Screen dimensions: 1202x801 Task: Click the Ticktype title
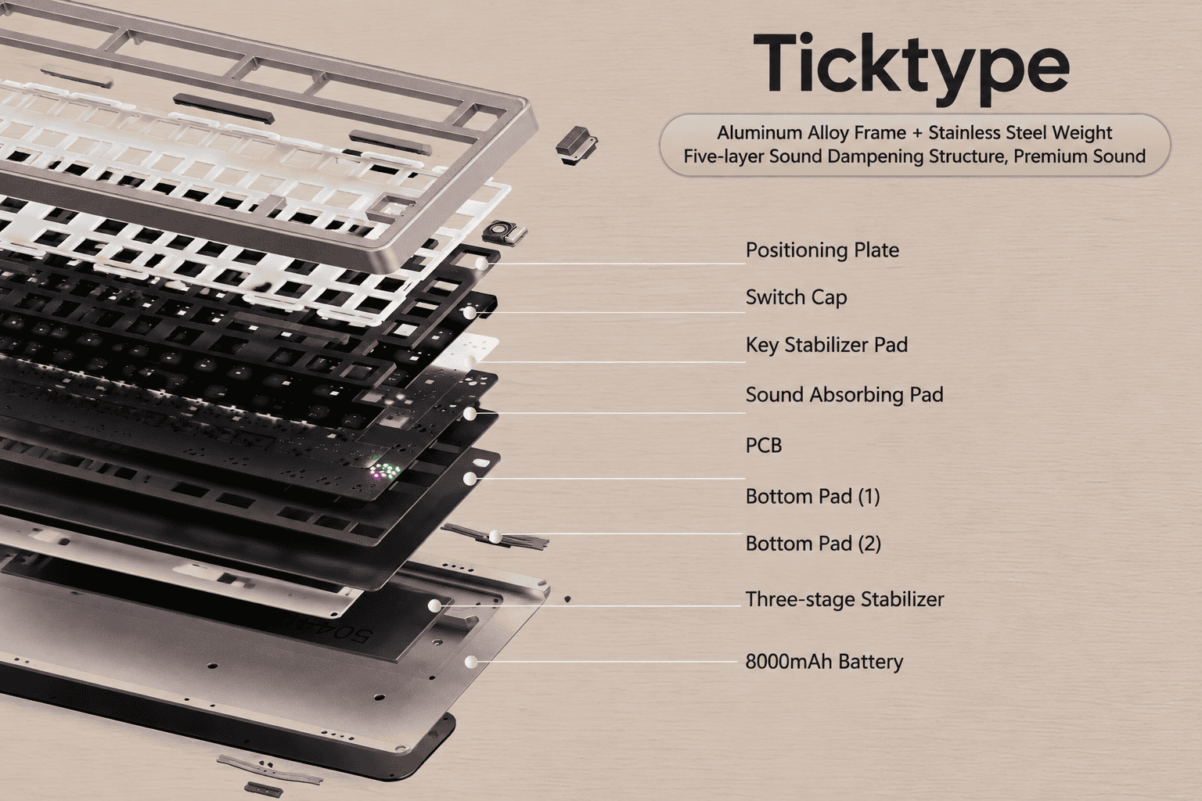point(911,69)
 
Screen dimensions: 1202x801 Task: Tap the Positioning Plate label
point(822,250)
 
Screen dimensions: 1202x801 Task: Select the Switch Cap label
point(797,297)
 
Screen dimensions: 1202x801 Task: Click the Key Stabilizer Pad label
point(826,344)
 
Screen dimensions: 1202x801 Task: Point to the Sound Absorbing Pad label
point(844,394)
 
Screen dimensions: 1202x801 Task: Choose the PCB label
point(764,445)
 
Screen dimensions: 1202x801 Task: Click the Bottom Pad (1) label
point(813,496)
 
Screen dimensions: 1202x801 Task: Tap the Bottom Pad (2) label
point(814,544)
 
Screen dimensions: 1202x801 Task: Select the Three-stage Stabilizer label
point(844,599)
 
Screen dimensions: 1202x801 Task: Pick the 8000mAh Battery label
point(824,662)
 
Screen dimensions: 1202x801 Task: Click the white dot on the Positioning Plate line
point(482,264)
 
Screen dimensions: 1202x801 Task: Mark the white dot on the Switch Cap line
point(470,312)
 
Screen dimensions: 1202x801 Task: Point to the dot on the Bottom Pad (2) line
point(495,536)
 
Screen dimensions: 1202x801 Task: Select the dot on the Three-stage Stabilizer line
point(434,605)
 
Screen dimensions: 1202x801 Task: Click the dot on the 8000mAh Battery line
point(470,662)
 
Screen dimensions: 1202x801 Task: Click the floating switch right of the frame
point(576,144)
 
